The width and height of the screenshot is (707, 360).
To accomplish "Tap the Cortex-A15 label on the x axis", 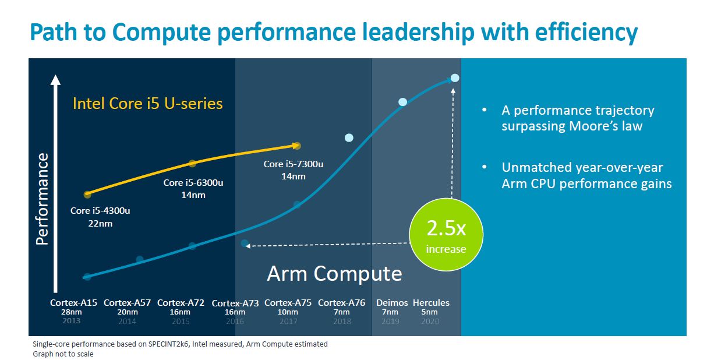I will (73, 303).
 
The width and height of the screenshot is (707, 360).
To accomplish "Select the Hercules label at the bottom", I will (431, 303).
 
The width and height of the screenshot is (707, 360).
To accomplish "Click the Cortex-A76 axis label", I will (341, 303).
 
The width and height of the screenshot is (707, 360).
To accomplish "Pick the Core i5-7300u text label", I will (293, 164).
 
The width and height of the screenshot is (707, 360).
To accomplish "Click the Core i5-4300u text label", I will (100, 211).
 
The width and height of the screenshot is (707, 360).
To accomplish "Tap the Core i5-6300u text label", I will (193, 183).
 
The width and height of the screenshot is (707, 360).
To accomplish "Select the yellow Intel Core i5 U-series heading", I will (147, 104).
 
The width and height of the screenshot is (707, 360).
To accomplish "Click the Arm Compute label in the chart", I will (334, 274).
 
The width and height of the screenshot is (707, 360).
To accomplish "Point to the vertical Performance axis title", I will (43, 199).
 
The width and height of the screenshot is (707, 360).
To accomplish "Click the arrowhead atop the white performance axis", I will (55, 79).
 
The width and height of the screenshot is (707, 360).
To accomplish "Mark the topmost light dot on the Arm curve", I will (455, 78).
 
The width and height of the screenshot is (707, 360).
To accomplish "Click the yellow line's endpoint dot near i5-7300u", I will (297, 145).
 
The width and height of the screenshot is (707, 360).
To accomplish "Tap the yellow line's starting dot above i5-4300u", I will (87, 194).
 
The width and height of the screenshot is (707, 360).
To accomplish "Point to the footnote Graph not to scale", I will (63, 354).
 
